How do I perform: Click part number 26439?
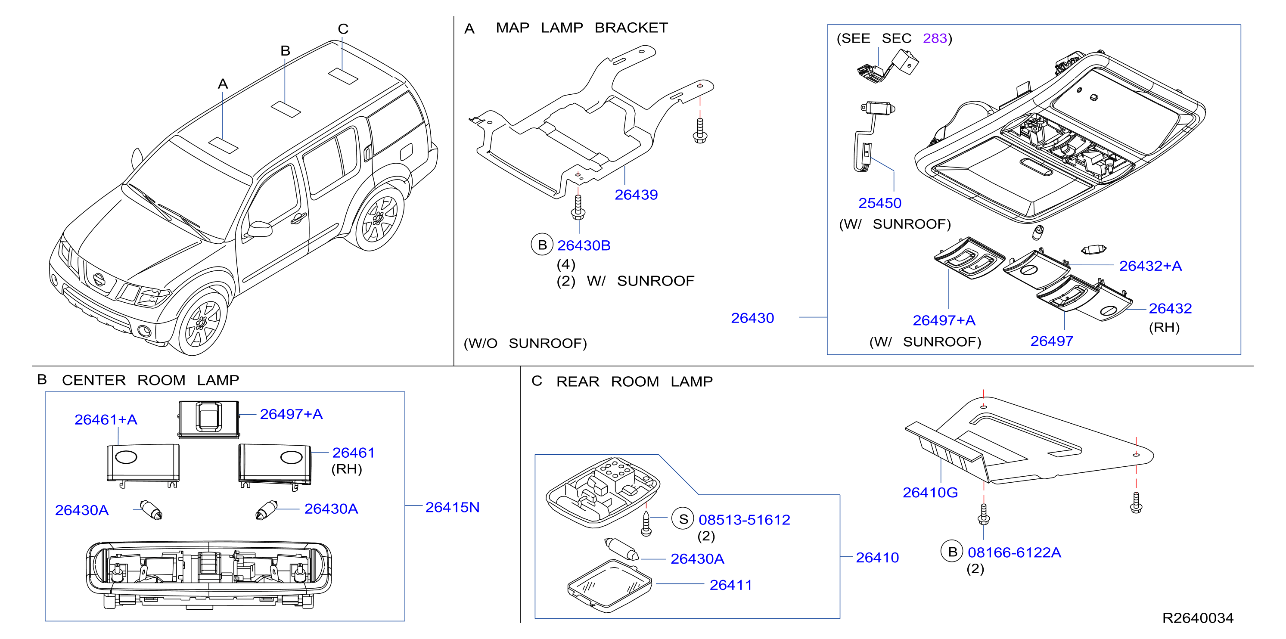[636, 195]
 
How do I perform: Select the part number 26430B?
[584, 245]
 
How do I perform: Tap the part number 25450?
[879, 203]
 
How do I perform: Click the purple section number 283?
[935, 38]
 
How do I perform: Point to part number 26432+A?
[1150, 266]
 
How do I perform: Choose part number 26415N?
[452, 507]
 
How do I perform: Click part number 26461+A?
[106, 419]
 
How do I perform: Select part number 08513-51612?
[744, 520]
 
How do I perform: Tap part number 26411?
[731, 585]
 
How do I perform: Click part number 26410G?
[930, 493]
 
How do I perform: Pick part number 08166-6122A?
[1014, 552]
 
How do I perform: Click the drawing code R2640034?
[1198, 618]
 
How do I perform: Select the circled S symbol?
[683, 519]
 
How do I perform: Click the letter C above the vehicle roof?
[343, 29]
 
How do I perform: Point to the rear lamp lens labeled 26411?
[609, 586]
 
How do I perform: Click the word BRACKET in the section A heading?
[631, 28]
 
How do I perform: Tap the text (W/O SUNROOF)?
[525, 344]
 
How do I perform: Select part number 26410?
[877, 558]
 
